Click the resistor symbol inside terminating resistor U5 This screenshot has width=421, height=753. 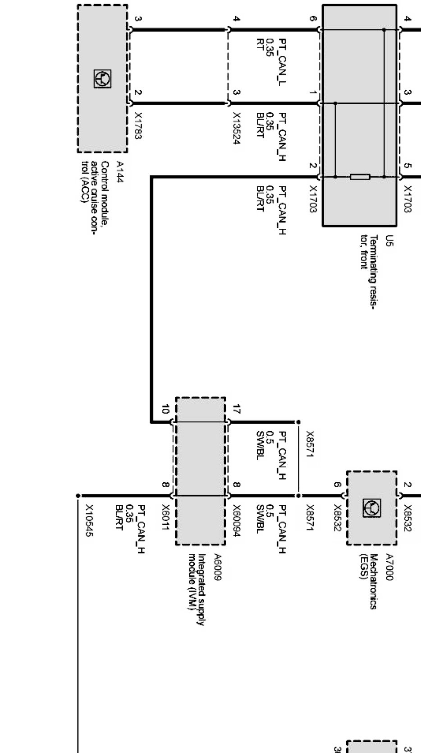[x=360, y=176]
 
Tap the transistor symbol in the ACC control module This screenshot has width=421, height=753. [x=102, y=79]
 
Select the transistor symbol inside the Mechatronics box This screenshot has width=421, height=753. [x=372, y=508]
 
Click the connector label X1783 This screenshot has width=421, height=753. [x=138, y=125]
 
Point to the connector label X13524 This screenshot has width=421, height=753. [x=236, y=128]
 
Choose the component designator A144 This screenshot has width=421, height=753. [x=120, y=172]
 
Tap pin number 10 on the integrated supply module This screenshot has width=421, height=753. [x=165, y=409]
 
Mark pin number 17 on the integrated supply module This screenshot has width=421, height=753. [x=237, y=409]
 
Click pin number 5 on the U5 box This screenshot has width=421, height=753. [x=407, y=166]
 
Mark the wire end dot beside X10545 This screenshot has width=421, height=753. [x=78, y=495]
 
